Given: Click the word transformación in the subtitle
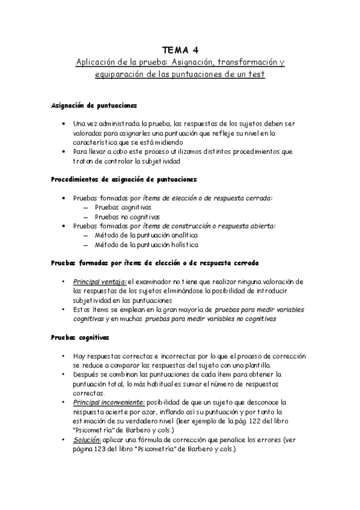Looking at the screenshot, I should (x=245, y=62).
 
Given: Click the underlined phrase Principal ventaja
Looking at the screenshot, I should (x=99, y=281).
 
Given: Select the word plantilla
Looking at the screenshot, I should (x=255, y=365).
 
